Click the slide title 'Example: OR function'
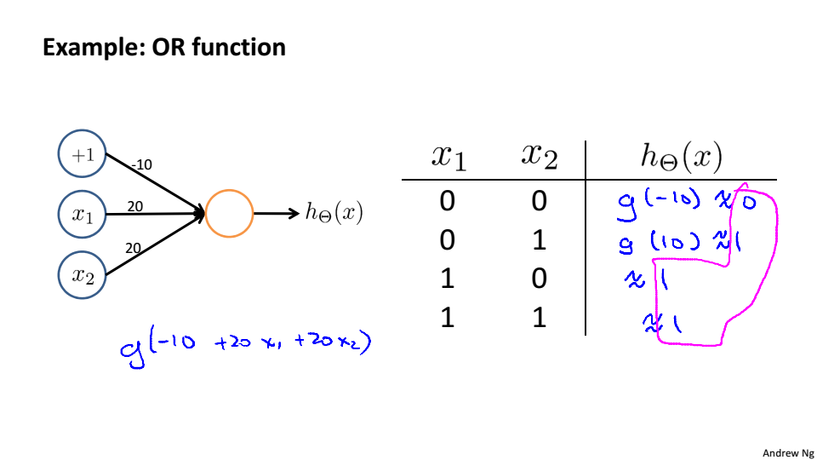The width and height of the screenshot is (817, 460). pos(164,47)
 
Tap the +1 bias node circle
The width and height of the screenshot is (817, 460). pos(82,155)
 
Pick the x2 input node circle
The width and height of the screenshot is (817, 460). pos(82,273)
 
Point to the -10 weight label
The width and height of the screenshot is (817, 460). pos(140,164)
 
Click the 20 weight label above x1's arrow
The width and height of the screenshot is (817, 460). pos(135,206)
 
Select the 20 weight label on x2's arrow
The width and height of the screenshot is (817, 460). pos(133,248)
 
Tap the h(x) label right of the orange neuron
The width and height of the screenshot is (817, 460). pos(334,213)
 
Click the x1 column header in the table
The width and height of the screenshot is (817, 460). pos(448,158)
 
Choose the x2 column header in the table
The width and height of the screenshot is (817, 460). pos(538,158)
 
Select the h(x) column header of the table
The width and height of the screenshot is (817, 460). pos(680,157)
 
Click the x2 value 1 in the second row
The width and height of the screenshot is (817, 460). pos(538,241)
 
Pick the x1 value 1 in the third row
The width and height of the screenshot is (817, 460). pos(448,279)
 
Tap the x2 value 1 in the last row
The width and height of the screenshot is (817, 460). pos(538,318)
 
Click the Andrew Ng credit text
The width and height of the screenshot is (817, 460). pos(788,453)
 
